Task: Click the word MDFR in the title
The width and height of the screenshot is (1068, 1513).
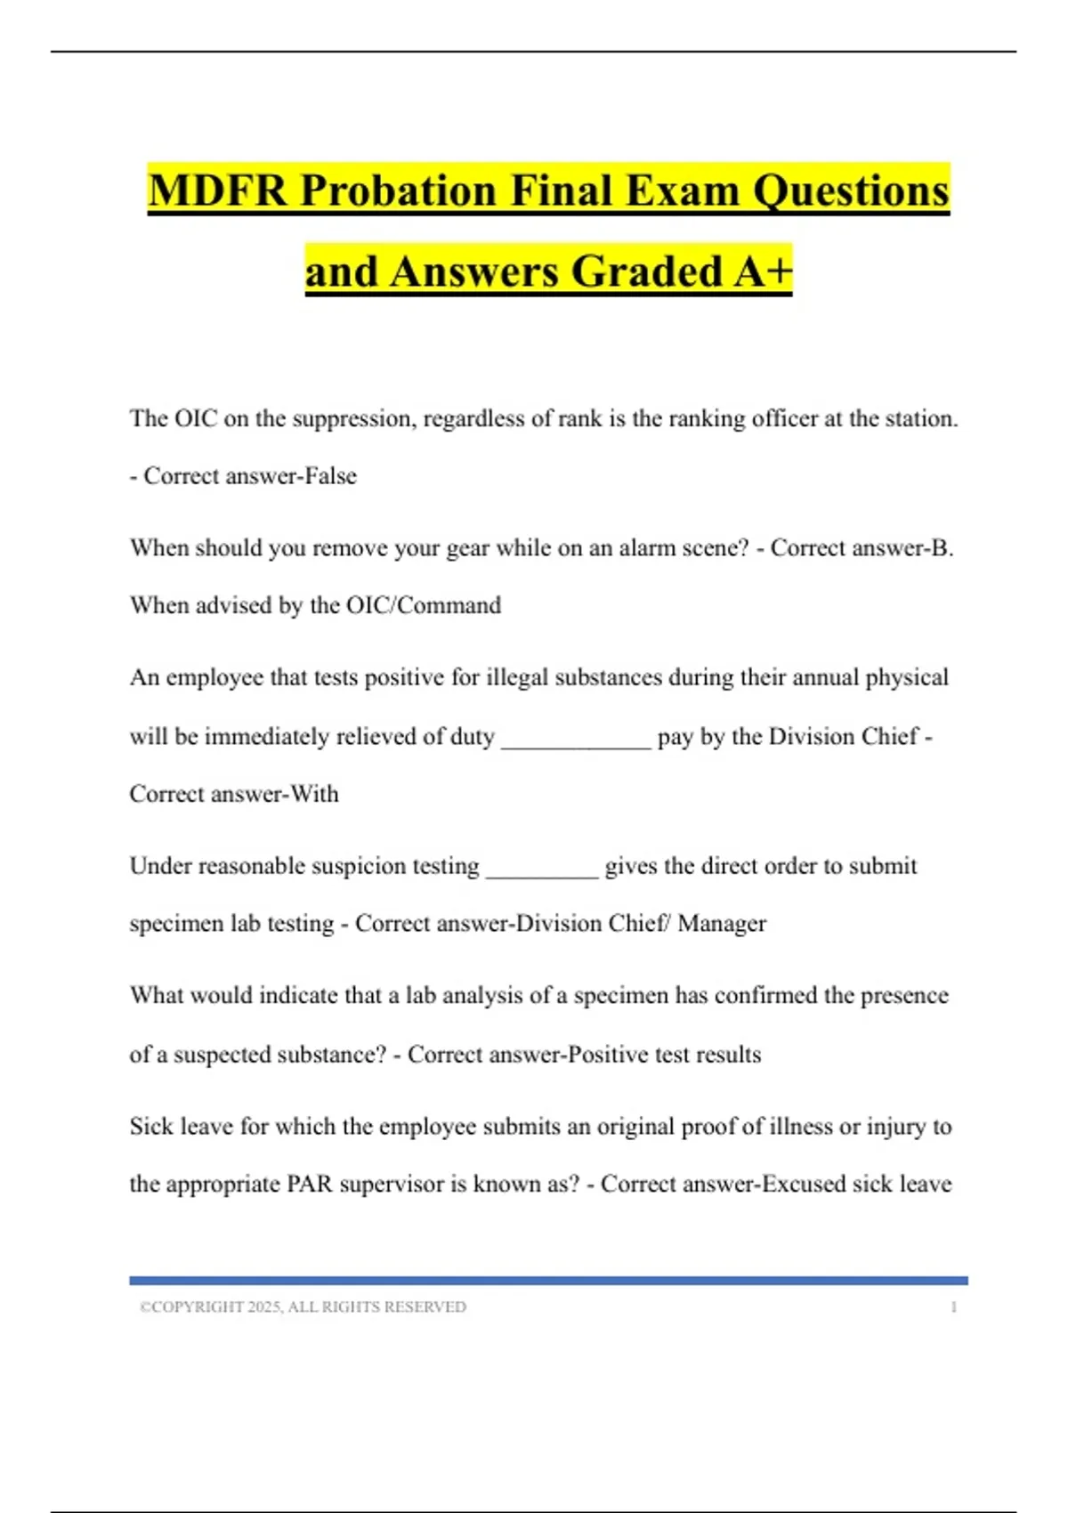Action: click(x=217, y=191)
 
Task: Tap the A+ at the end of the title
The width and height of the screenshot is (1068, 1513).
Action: click(x=763, y=271)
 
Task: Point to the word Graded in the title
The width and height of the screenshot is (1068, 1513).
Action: click(x=647, y=271)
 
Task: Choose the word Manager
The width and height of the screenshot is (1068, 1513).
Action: click(x=722, y=924)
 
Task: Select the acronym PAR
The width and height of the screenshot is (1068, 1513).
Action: click(x=310, y=1185)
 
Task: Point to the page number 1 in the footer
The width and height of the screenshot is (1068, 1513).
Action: click(x=953, y=1307)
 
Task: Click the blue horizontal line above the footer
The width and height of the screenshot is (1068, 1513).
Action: click(x=548, y=1281)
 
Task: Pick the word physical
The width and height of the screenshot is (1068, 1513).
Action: click(x=907, y=678)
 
